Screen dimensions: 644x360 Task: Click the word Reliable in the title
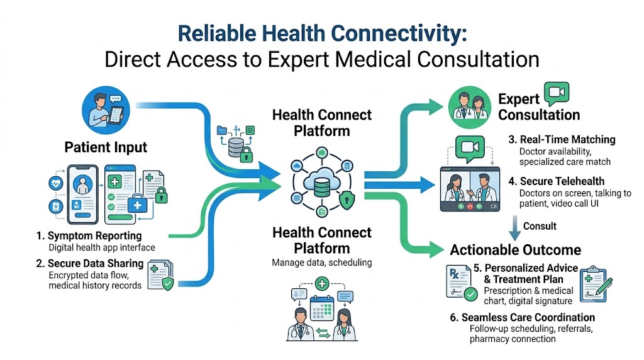coord(217,34)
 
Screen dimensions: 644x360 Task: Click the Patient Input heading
coord(106,147)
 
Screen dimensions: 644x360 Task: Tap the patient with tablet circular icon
coord(106,110)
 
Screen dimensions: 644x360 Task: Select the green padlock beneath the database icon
coord(246,155)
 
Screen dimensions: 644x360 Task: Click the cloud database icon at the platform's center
coord(321,183)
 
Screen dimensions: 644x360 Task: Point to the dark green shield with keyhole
coord(347,201)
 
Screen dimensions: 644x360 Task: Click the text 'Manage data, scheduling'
coord(321,262)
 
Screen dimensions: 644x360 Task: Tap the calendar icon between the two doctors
coord(321,308)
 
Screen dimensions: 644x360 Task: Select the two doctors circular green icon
coord(469,107)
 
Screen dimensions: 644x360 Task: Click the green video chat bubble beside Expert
coord(557,93)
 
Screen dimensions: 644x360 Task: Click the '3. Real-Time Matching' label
coord(562,140)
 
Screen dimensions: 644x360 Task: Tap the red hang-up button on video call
coord(470,206)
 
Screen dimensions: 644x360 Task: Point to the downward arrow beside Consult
coord(514,228)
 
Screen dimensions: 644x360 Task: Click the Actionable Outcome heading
coord(516,250)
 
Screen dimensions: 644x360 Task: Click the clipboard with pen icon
coord(596,284)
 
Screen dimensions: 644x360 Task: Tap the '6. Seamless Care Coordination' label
coord(523,318)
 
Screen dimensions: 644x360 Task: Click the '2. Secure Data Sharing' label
coord(89,264)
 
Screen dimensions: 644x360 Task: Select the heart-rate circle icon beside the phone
coord(56,183)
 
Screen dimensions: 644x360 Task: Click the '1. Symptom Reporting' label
coord(89,236)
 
